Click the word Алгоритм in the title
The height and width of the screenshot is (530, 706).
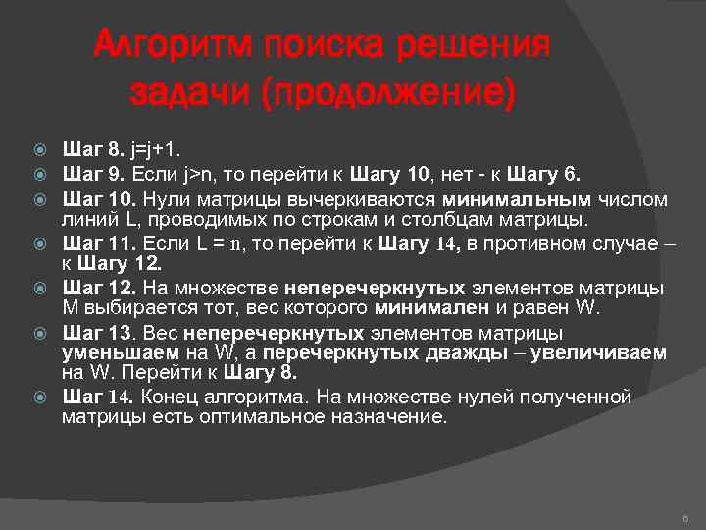pos(172,46)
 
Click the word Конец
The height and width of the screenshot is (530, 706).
pos(174,397)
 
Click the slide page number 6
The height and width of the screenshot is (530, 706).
pos(684,517)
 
